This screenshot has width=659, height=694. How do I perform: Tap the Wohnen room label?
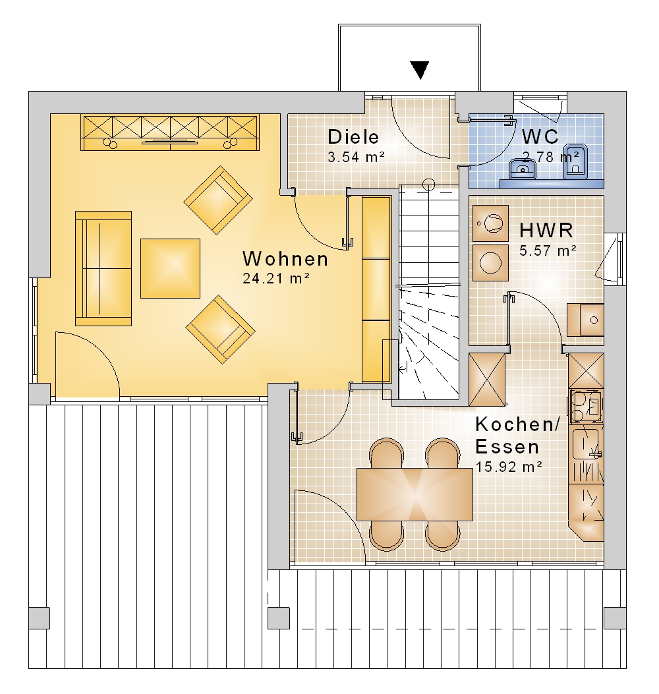(285, 259)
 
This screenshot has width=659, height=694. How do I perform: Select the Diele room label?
(353, 137)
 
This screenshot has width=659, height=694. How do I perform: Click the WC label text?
(540, 136)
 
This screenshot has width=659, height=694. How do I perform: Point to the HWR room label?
(546, 231)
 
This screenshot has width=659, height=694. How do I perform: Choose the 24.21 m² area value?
(275, 278)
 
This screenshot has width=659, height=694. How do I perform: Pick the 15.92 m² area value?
(509, 467)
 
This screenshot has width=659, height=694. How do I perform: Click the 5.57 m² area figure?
(548, 250)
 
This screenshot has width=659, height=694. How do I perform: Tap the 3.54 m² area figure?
(357, 157)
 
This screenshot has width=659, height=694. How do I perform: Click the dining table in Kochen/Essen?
(415, 494)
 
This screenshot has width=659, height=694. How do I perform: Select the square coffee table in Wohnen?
(171, 269)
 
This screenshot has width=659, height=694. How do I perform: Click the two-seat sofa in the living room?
(103, 269)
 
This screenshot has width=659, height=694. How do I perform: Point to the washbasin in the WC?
(523, 168)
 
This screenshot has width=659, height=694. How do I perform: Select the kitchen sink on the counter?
(586, 444)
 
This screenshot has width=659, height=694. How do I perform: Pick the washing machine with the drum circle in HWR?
(490, 223)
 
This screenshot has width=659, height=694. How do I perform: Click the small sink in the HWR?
(586, 320)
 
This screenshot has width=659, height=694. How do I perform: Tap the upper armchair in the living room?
(218, 200)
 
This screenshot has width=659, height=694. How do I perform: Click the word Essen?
(507, 447)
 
